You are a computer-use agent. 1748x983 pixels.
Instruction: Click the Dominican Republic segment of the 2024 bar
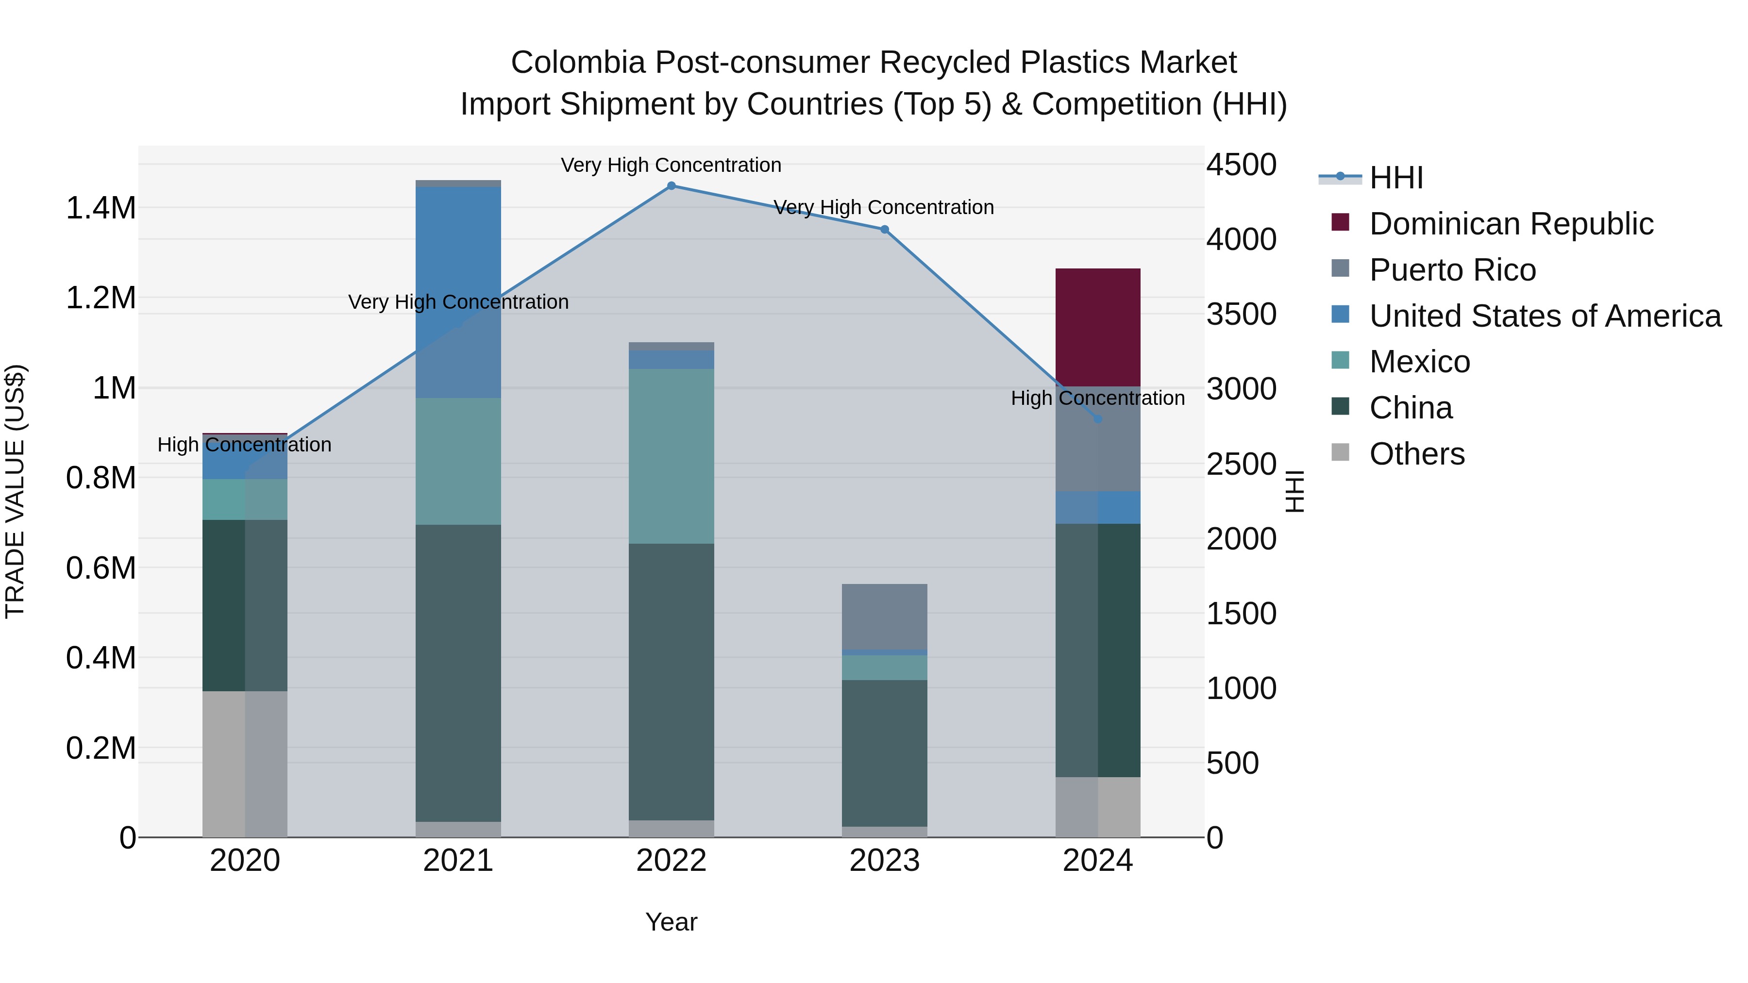(x=1097, y=327)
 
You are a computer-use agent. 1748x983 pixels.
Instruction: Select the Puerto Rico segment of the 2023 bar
(x=884, y=616)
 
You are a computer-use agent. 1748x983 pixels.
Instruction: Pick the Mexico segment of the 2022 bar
(x=671, y=456)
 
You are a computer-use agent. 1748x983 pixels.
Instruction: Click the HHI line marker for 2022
(x=671, y=186)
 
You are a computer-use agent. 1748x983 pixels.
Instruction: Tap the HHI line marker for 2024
(x=1098, y=419)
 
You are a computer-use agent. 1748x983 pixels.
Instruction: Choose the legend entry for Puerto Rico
(x=1452, y=270)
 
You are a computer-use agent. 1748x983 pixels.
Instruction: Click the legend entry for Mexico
(x=1420, y=362)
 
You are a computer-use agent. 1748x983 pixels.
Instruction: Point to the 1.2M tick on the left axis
(x=101, y=298)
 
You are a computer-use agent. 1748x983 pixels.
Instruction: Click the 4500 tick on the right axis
(x=1241, y=165)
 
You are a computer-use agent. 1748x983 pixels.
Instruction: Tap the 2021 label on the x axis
(x=458, y=861)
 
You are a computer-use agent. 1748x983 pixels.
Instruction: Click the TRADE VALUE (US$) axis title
(x=15, y=491)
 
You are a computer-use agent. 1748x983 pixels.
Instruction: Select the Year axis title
(x=671, y=922)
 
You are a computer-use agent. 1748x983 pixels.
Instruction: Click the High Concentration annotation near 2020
(x=244, y=445)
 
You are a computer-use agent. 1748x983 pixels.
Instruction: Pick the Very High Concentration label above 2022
(x=671, y=165)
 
